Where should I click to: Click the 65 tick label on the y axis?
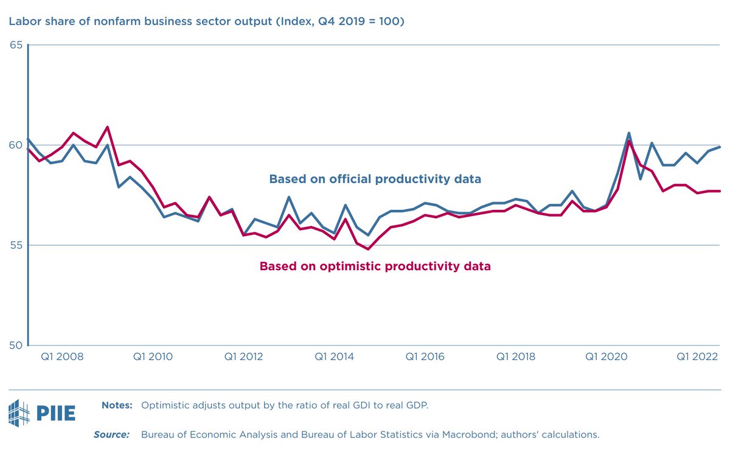tap(15, 45)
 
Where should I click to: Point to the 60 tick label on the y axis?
tap(15, 145)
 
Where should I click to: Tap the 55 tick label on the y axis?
tap(15, 245)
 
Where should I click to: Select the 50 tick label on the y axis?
tap(15, 346)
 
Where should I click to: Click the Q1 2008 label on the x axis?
tap(62, 357)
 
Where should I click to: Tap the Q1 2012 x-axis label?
tap(243, 357)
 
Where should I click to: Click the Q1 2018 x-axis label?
tap(516, 357)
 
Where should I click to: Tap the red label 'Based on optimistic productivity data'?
tap(375, 266)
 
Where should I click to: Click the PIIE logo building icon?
tap(18, 412)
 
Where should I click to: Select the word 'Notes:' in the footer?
tap(117, 405)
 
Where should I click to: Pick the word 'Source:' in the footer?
tap(111, 434)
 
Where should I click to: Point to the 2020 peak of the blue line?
tap(628, 133)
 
